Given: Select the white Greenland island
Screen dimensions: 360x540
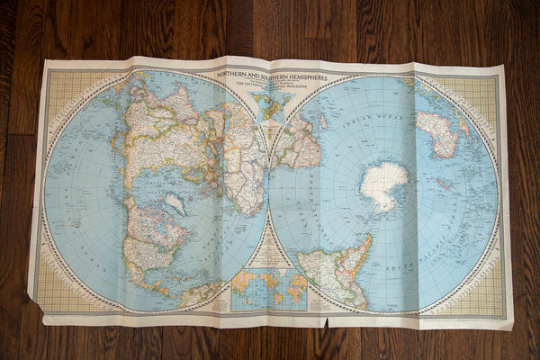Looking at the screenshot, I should point(174,204).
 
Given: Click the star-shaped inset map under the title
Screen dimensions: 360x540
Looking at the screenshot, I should point(267,104).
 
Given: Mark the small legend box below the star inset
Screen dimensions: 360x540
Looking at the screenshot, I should point(268,135).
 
